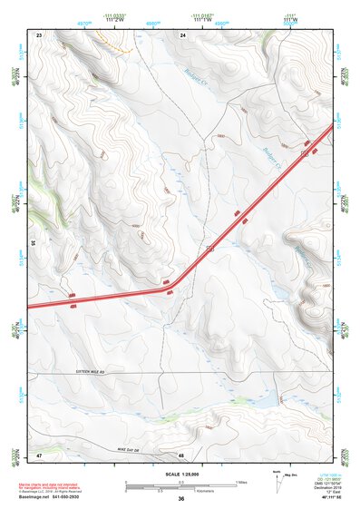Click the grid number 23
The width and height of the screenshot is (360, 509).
[x=40, y=34]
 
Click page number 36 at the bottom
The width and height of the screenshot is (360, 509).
[x=181, y=499]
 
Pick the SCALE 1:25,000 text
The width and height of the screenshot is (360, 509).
[x=181, y=473]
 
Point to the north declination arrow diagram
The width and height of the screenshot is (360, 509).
[x=278, y=481]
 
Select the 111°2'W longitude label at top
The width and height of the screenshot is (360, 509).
[x=114, y=18]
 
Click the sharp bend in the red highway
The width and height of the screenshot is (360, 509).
[x=175, y=289]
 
